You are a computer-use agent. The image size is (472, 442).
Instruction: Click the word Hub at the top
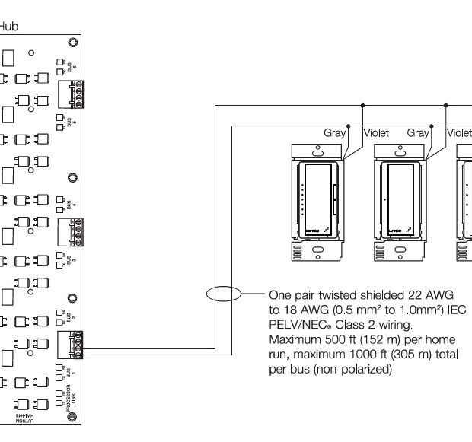pos(9,26)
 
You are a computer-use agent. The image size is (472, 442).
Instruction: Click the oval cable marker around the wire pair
pos(222,294)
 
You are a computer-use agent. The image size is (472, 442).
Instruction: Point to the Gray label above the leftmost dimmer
pos(335,132)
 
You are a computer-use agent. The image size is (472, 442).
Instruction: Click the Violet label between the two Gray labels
pos(376,132)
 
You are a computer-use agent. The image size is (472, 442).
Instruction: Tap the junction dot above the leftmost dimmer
pos(348,125)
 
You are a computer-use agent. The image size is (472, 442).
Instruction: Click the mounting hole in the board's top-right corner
pos(72,42)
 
